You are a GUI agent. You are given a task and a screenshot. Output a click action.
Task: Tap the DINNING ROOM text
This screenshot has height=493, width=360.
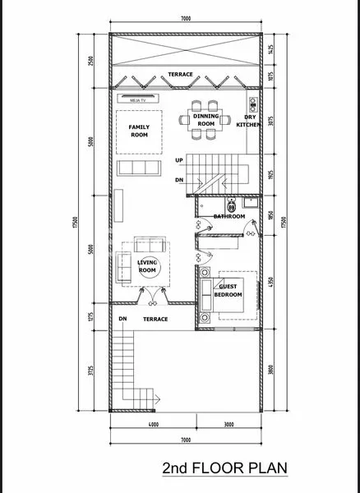(205, 121)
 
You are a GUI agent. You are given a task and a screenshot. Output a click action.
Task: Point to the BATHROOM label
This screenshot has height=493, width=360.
(229, 217)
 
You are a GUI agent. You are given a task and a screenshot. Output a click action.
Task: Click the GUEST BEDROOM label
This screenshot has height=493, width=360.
(228, 290)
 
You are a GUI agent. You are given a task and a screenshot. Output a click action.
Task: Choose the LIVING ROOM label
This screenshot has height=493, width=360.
(147, 266)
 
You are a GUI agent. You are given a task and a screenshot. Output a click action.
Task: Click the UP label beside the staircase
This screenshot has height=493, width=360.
(179, 161)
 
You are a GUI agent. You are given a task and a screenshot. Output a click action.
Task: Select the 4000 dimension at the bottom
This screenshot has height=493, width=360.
(153, 424)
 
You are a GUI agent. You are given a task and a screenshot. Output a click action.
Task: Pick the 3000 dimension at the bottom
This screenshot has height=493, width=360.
(229, 424)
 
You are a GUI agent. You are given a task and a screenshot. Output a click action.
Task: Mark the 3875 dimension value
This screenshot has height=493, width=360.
(271, 121)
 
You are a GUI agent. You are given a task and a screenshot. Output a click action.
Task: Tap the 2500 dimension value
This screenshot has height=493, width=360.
(90, 60)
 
